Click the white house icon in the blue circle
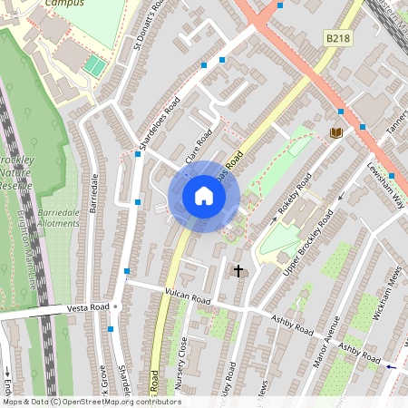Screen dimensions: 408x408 [x=204, y=196]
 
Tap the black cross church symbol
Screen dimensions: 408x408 [x=239, y=270]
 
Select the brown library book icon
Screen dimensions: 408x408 [x=336, y=133]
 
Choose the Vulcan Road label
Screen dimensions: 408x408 [x=188, y=296]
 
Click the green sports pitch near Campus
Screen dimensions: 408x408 [x=94, y=65]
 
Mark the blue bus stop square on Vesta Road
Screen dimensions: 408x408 [x=111, y=329]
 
